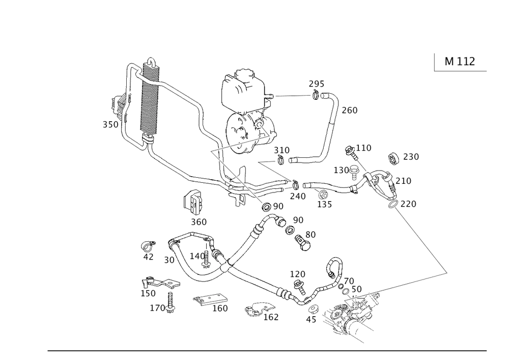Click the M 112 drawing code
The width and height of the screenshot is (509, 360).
point(460,62)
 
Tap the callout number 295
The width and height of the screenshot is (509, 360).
point(317,84)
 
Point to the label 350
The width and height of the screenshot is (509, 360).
point(110,125)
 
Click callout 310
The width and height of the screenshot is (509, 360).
point(281,151)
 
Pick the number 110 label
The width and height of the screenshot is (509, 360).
point(364,148)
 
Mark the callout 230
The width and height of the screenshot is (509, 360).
point(411,157)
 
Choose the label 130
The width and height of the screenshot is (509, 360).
point(342,170)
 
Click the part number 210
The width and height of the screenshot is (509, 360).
point(403,181)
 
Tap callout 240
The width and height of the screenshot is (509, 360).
point(298,197)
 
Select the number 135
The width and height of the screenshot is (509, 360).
point(325,205)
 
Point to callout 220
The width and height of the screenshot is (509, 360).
point(409,204)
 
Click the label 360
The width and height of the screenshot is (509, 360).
point(199,222)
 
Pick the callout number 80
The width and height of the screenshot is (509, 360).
point(310,235)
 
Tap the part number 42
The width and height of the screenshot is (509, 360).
point(148,257)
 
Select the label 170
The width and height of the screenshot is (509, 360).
point(157,308)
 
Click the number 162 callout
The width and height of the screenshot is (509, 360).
point(271,317)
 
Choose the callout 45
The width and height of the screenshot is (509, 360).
point(311,320)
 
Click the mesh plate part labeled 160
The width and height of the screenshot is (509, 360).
point(210,300)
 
